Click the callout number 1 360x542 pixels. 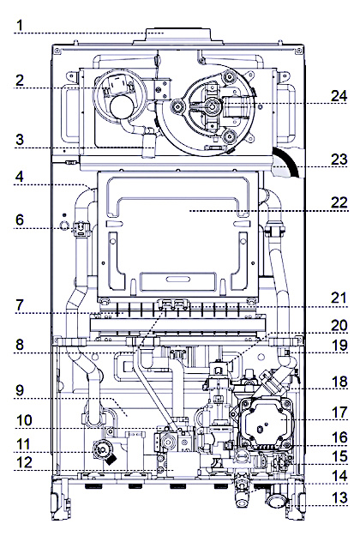20,25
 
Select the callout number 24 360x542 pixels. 339,96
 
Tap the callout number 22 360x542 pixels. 339,202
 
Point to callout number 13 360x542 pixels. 339,497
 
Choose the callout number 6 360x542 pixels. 20,220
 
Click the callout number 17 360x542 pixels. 339,412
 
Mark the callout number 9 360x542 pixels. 20,390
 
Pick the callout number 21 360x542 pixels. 339,298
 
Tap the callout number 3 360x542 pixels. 20,140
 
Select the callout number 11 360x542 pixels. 23,444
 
